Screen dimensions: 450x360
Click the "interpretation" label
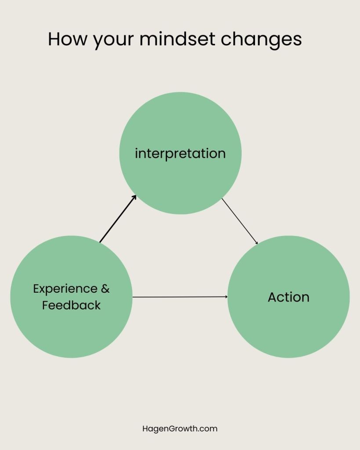(180, 154)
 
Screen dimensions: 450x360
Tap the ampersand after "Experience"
(105, 289)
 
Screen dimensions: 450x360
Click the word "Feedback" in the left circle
(71, 305)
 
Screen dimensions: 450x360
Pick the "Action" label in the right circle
(288, 297)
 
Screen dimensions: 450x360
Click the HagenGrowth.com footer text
(180, 428)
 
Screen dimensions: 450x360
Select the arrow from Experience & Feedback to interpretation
(117, 219)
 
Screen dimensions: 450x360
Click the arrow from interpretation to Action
(240, 221)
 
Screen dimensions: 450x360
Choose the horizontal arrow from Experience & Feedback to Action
(180, 297)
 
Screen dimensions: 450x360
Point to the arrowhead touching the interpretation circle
(134, 197)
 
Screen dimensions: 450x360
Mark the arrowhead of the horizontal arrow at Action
(226, 297)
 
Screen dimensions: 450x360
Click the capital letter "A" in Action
(273, 297)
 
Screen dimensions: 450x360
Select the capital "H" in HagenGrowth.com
(145, 428)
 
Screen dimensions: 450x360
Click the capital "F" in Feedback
(45, 305)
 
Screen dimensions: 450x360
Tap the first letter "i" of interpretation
(136, 153)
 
